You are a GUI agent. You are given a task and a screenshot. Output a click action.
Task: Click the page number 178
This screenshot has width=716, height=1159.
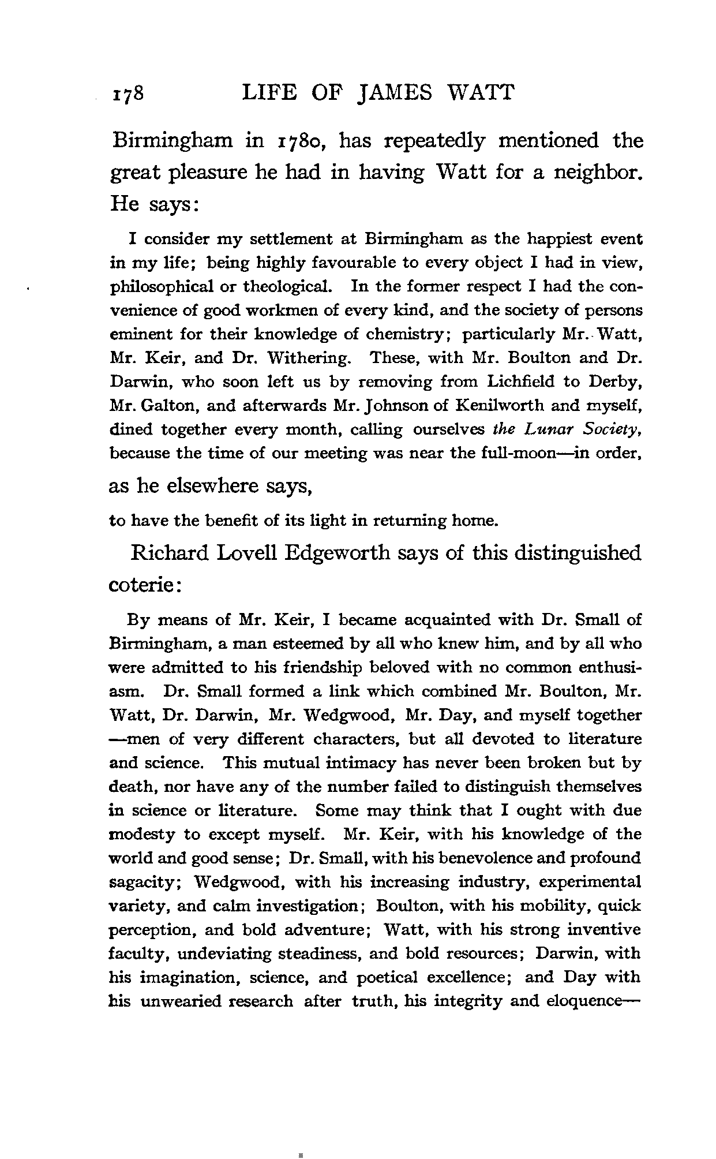[128, 94]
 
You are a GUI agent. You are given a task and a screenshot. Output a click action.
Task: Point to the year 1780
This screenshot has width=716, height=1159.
[299, 141]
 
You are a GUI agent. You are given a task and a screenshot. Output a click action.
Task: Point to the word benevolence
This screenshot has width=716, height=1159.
[486, 858]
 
